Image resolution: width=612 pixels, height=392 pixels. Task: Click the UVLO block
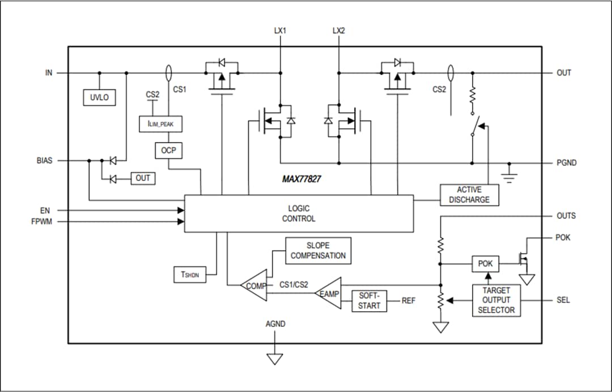99,97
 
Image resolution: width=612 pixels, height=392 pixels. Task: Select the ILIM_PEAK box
161,124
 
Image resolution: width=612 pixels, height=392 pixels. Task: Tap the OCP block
168,150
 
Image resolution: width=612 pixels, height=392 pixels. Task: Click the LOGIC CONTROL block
299,213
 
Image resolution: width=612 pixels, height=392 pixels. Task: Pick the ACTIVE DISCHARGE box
469,195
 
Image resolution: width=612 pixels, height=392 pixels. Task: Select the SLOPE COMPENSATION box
318,251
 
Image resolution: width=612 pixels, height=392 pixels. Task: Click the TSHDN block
190,274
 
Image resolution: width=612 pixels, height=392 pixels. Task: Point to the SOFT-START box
369,300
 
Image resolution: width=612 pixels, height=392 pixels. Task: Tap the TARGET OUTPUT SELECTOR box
496,300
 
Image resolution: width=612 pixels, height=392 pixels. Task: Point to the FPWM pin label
41,222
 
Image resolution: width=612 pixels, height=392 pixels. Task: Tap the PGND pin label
566,163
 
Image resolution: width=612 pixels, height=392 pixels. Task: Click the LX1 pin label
280,31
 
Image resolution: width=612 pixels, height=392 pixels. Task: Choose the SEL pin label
563,300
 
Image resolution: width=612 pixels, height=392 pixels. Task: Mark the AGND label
275,324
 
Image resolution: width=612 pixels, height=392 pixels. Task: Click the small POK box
486,264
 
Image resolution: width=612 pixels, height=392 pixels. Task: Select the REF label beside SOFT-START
408,301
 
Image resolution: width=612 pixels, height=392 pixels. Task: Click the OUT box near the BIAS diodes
143,178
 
